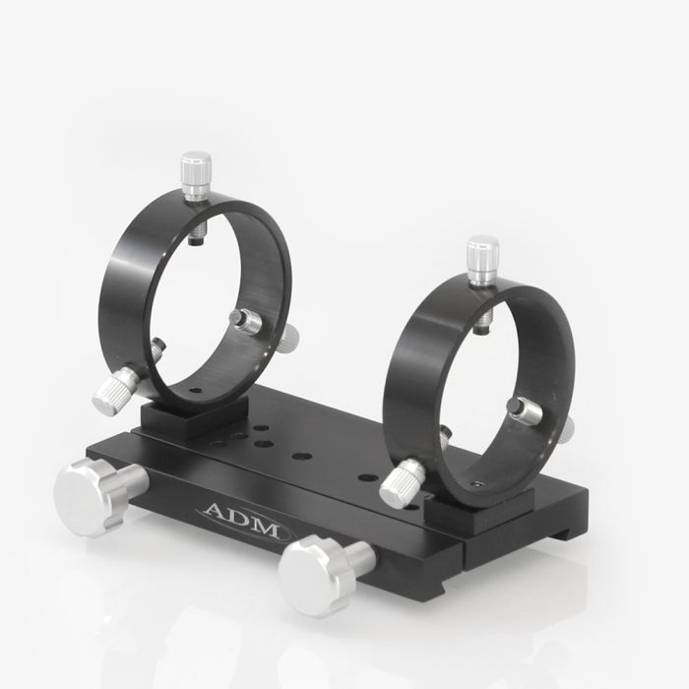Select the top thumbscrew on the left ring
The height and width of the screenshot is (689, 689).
(x=196, y=174)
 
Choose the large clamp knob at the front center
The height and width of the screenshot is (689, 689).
(x=313, y=575)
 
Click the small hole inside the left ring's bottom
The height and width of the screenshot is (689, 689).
(x=195, y=391)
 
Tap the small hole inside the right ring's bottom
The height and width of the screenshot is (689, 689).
(x=475, y=484)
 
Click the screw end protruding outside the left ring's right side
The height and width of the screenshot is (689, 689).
(x=287, y=341)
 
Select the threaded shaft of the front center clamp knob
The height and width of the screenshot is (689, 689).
(x=360, y=558)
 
